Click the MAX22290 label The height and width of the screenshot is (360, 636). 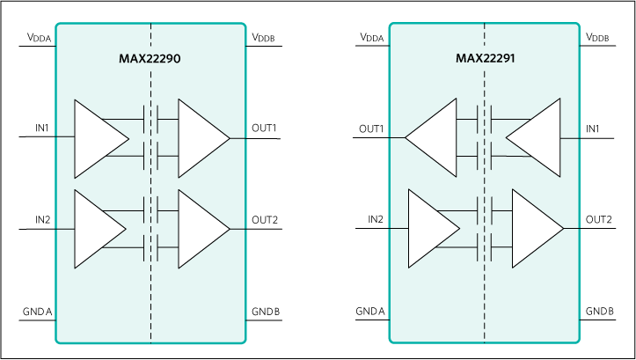point(150,60)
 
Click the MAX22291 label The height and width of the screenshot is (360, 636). point(484,60)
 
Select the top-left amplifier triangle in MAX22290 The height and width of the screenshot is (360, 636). point(96,138)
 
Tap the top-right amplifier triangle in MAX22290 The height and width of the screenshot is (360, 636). point(200,138)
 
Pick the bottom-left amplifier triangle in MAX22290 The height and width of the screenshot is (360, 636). point(96,228)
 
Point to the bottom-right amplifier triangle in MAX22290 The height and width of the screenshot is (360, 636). point(200,228)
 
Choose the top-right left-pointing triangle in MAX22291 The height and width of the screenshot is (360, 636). point(537,138)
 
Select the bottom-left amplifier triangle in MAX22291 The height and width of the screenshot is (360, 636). point(430,228)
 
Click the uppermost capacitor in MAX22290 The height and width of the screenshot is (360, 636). point(150,118)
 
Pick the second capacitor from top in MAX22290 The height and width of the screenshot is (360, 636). point(150,157)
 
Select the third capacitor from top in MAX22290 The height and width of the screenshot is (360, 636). point(150,209)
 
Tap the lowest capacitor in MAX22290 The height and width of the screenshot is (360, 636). point(150,248)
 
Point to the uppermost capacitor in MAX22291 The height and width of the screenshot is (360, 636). point(484,118)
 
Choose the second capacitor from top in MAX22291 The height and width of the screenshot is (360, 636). point(484,157)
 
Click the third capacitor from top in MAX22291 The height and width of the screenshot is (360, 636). point(484,209)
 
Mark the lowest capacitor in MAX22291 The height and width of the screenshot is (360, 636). point(484,248)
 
